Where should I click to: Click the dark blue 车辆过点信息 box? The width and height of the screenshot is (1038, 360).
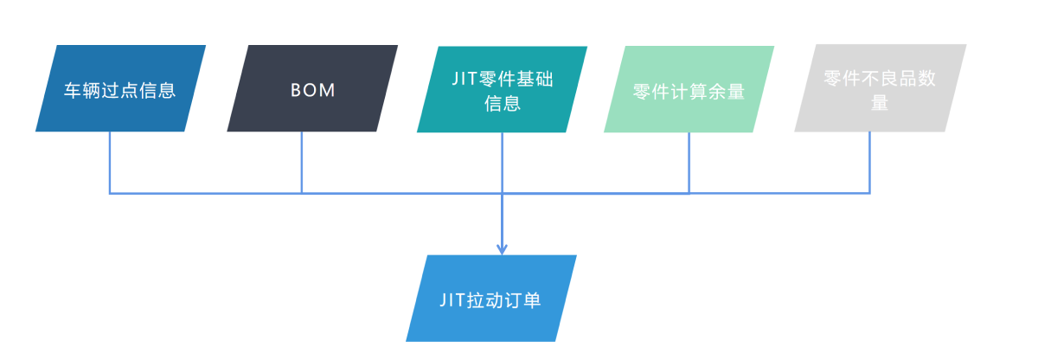121,88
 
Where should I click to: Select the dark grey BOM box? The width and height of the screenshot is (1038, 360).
312,88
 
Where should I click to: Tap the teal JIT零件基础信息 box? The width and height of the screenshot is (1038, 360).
502,88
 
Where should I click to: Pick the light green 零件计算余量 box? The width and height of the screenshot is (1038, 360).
689,88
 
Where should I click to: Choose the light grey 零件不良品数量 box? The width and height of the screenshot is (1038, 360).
880,88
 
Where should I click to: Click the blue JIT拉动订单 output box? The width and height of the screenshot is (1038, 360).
491,299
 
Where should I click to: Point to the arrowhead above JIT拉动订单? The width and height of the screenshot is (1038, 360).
502,249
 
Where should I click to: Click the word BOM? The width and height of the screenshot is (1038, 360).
312,90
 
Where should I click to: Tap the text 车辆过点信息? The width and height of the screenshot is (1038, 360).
120,90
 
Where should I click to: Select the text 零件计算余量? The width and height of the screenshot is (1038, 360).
689,92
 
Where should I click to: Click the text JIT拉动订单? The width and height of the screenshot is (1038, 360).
490,300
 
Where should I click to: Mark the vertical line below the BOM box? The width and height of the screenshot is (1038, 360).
302,163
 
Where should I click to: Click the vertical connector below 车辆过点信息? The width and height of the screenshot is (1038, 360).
110,163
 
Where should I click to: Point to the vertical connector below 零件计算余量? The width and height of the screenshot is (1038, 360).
689,163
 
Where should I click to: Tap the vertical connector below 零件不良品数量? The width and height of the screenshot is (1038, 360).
869,163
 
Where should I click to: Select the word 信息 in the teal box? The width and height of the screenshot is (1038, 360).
502,104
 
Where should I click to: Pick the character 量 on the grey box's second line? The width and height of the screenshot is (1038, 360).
880,103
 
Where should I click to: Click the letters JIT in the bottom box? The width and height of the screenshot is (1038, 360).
452,300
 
